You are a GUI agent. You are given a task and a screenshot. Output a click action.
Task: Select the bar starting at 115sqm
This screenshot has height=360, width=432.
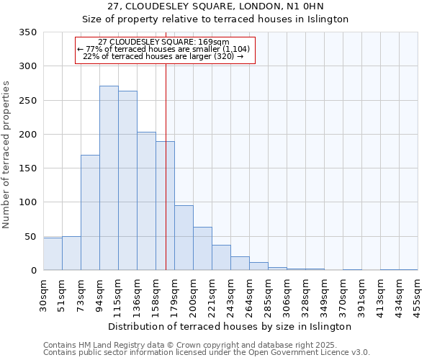click(127, 181)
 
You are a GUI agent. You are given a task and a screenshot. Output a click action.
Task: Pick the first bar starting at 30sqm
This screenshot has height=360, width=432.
click(53, 254)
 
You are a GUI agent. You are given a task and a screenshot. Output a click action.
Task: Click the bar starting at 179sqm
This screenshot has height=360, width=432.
click(184, 238)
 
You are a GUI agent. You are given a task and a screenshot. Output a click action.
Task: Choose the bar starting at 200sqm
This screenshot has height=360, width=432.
click(202, 248)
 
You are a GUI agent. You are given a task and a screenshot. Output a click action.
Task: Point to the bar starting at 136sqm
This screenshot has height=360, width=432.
click(146, 201)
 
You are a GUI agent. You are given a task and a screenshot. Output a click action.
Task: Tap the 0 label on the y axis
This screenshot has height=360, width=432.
click(33, 271)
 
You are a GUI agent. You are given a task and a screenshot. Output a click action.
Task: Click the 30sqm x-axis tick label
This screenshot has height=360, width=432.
click(43, 292)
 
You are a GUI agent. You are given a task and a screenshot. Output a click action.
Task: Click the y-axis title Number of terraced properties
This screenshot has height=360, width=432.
click(6, 154)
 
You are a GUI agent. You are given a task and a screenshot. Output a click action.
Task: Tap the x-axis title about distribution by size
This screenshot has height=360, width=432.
click(230, 326)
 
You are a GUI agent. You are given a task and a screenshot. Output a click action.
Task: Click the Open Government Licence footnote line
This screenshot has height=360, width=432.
click(206, 352)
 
